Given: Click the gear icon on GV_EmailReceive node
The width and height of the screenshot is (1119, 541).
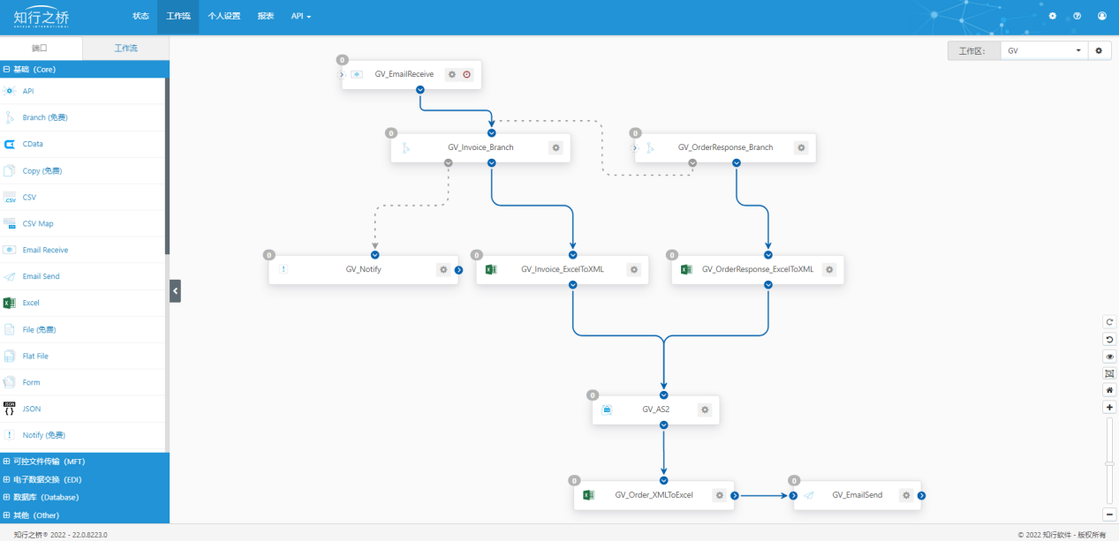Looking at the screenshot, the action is tap(451, 74).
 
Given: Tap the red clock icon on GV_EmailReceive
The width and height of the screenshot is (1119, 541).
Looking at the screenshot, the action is tap(466, 74).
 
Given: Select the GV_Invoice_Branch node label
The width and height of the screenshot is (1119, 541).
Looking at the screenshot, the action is tap(480, 147).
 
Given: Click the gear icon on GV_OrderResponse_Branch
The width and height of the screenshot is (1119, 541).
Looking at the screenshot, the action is tap(801, 147).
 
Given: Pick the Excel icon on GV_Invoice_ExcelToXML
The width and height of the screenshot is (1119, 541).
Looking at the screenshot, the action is tap(491, 269).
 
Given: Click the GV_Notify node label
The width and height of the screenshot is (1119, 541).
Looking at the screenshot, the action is tap(363, 269).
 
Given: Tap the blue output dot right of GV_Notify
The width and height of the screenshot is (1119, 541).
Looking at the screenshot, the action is tap(458, 270).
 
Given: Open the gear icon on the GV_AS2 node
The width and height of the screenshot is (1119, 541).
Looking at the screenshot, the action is tap(705, 410).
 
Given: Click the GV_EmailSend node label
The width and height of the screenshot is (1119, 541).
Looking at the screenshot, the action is tap(858, 494).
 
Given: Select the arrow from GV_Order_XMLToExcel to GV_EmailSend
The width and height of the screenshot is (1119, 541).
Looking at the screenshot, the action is tap(764, 496).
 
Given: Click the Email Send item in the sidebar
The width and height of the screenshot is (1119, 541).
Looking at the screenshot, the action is tap(41, 276).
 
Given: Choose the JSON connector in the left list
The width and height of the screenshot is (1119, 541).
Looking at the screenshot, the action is tap(32, 409).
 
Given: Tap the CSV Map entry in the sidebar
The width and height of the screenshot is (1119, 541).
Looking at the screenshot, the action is tap(38, 223).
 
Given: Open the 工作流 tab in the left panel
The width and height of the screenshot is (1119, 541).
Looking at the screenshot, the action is tap(126, 48).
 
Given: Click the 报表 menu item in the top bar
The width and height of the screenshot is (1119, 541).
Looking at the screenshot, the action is tap(266, 16).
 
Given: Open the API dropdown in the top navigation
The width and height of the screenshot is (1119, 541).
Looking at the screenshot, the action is tap(301, 16).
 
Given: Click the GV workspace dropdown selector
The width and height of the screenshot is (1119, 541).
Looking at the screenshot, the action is tap(1044, 50).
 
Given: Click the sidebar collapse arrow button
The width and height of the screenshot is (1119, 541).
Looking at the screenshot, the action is tap(176, 291).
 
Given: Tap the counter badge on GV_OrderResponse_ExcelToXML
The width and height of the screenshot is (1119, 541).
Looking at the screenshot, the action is tap(672, 255).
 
